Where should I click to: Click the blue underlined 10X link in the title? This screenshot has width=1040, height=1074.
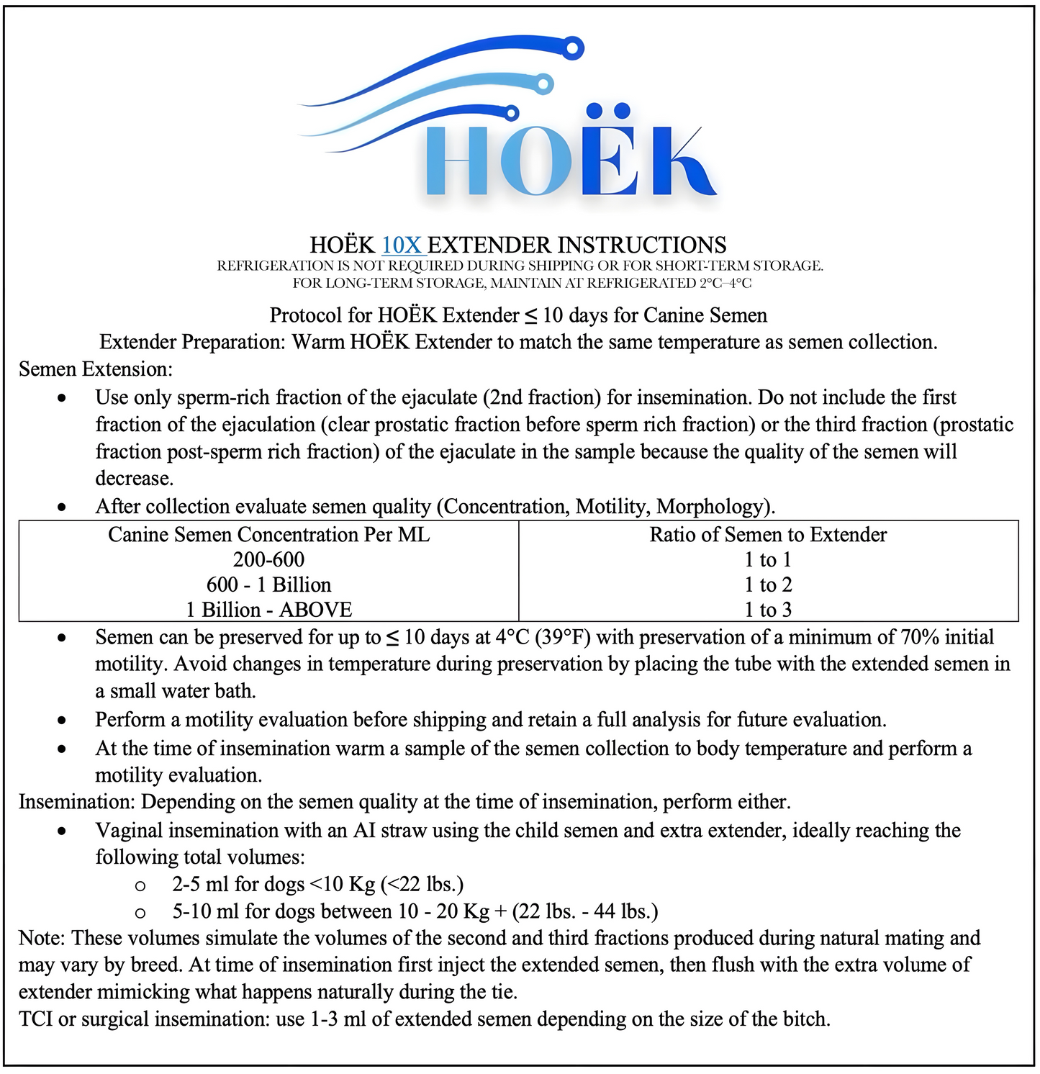pyautogui.click(x=402, y=245)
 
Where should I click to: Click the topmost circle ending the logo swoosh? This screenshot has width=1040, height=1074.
pyautogui.click(x=573, y=49)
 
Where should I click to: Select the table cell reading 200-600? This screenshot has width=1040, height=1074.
pyautogui.click(x=268, y=559)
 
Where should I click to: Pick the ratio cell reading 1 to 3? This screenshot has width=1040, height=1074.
pyautogui.click(x=768, y=610)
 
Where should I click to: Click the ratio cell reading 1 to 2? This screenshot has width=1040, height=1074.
pyautogui.click(x=768, y=585)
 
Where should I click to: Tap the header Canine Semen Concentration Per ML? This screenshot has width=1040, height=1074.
pyautogui.click(x=268, y=534)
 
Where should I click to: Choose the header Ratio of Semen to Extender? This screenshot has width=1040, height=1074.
pyautogui.click(x=768, y=534)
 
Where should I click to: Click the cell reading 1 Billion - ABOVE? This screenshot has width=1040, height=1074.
pyautogui.click(x=268, y=610)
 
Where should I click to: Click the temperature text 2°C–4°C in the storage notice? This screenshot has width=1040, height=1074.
pyautogui.click(x=725, y=283)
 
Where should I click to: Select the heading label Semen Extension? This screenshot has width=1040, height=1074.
pyautogui.click(x=96, y=369)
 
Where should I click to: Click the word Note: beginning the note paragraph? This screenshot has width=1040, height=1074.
pyautogui.click(x=42, y=938)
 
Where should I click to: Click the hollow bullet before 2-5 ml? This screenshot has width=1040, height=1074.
pyautogui.click(x=141, y=885)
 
